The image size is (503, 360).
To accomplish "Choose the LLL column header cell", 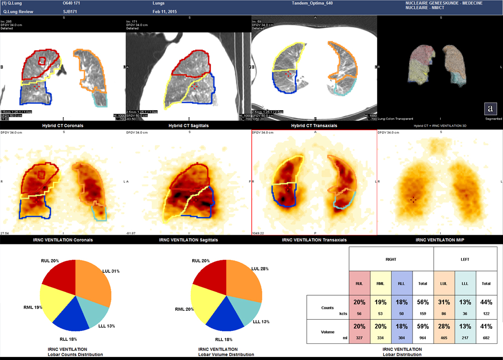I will tap(466, 284).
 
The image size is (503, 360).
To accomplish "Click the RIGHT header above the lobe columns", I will tap(390, 260).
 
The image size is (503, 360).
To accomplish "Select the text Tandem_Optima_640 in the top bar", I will tap(312, 3).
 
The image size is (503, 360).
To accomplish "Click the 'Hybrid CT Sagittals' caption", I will tap(188, 125).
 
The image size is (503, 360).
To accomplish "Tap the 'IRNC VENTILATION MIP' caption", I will tap(440, 240).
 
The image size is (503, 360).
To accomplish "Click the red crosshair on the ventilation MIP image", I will tap(413, 200).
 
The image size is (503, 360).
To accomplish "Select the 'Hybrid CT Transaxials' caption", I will tap(314, 125).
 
